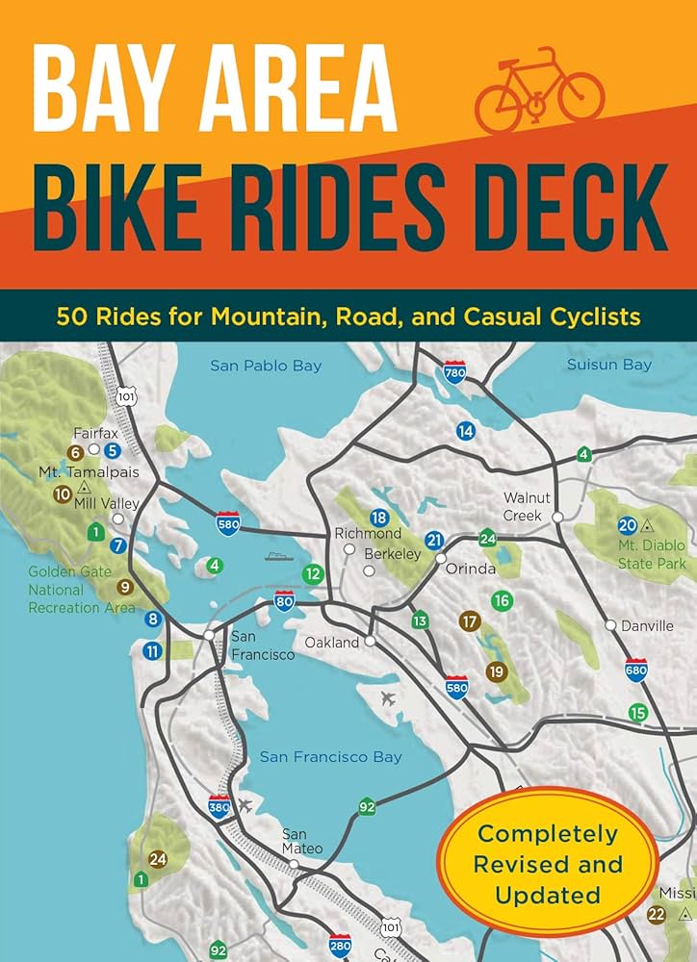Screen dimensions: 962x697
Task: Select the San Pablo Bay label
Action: click(266, 366)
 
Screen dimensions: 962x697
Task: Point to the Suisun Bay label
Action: click(608, 365)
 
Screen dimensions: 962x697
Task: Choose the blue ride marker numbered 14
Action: click(466, 430)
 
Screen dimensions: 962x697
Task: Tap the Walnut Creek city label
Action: click(527, 506)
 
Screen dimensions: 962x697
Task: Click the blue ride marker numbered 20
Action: click(627, 525)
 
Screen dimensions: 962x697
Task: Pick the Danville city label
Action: click(647, 625)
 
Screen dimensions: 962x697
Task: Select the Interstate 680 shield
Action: click(635, 670)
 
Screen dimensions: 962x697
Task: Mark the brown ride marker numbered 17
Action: click(469, 620)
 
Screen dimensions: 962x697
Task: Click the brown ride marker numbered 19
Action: click(496, 671)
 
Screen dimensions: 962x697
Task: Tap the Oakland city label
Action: click(331, 642)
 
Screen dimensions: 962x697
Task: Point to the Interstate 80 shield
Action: click(284, 603)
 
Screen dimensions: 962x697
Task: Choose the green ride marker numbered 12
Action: click(312, 573)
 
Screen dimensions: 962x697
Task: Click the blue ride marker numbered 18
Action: click(378, 518)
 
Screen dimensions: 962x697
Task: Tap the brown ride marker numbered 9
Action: click(124, 586)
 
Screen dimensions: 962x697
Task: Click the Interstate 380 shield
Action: click(219, 804)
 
